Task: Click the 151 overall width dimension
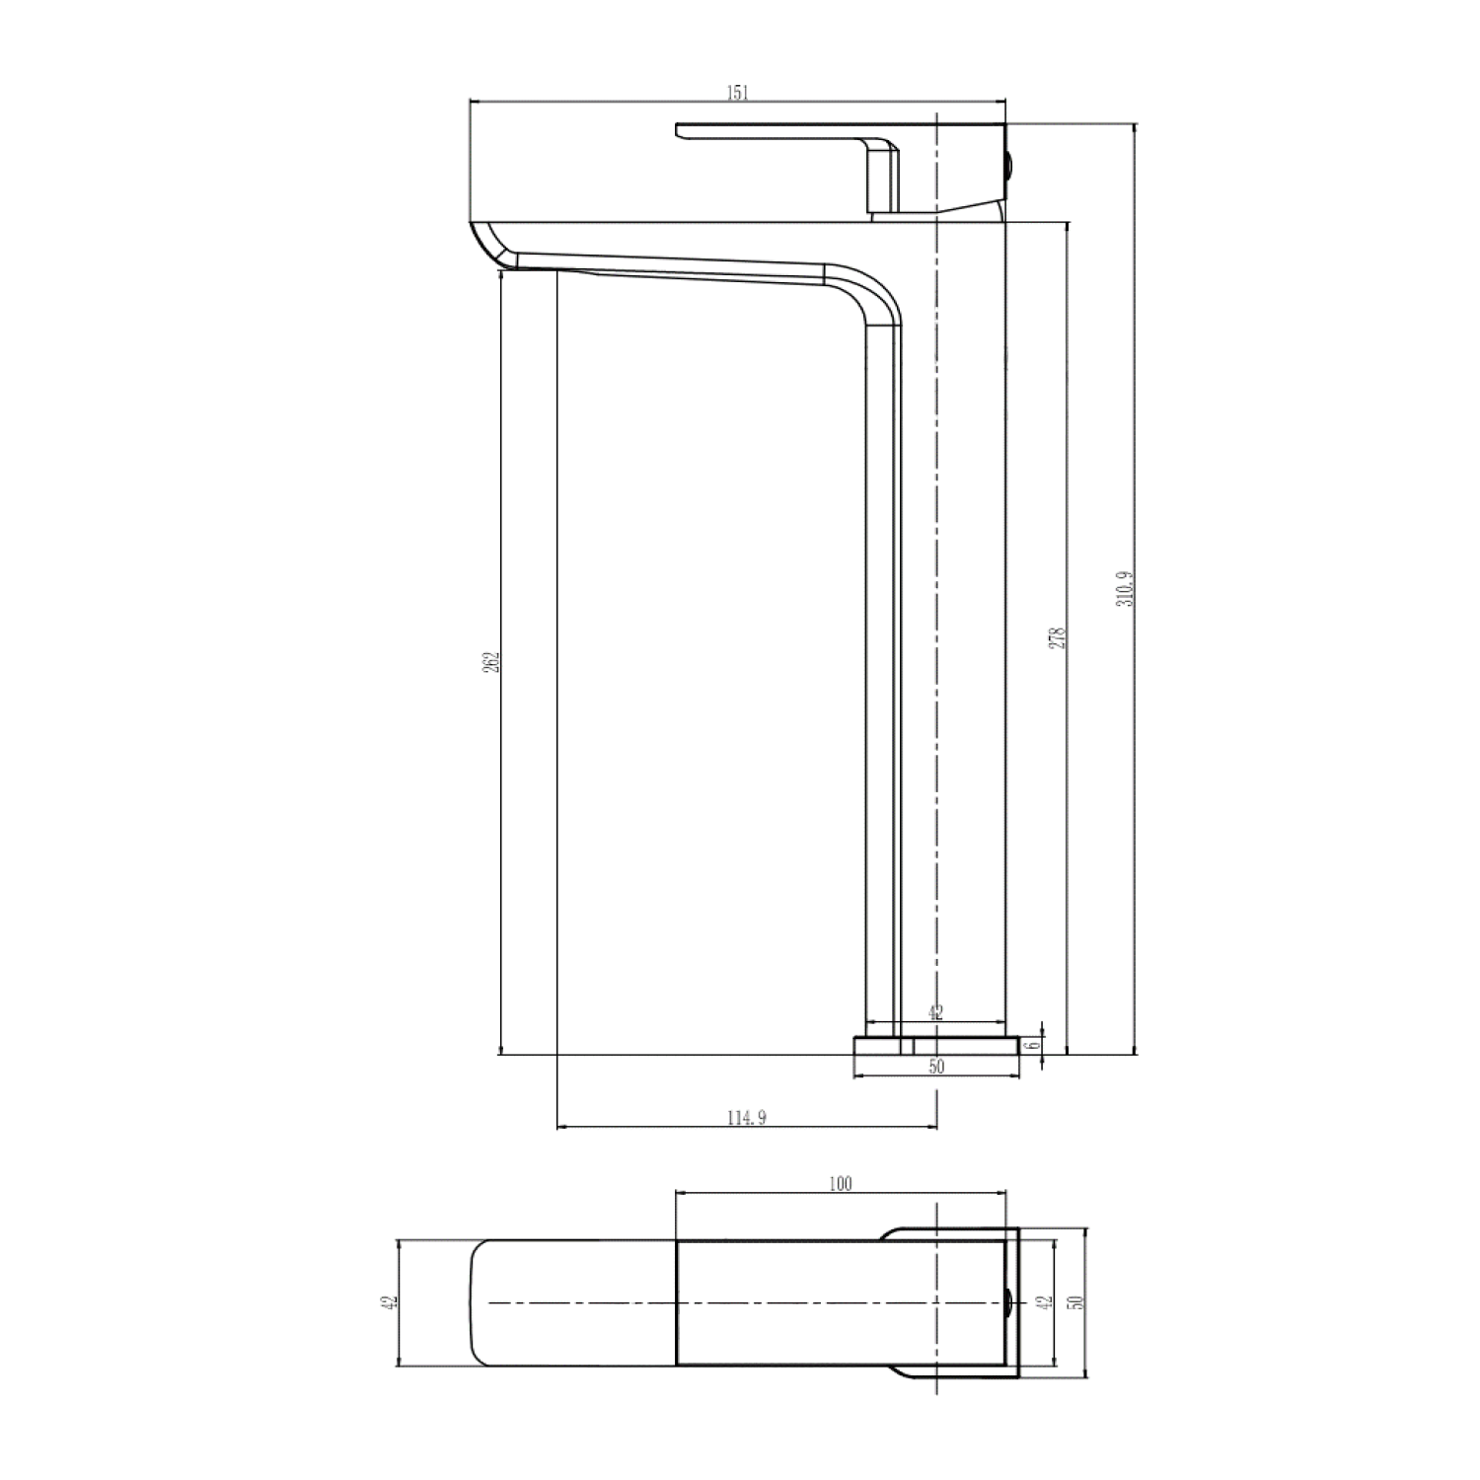point(738,93)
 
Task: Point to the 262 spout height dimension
point(491,662)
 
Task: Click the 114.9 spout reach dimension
point(746,1118)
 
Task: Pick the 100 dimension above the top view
point(840,1183)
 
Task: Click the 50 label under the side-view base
point(936,1067)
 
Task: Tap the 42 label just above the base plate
point(936,1011)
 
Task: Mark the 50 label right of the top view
point(1076,1302)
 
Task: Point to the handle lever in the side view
point(770,130)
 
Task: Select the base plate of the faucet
point(935,1045)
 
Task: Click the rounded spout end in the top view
point(483,1302)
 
